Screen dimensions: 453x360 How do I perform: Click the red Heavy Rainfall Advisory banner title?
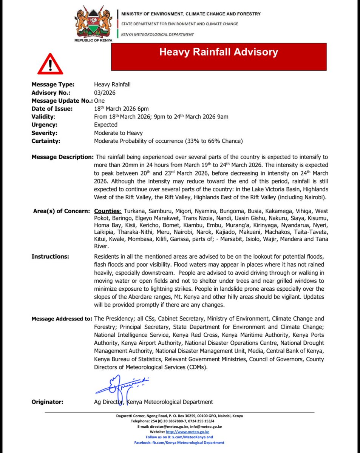(218, 52)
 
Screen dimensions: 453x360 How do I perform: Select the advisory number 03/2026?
(105, 92)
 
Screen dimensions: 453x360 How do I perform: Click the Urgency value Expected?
(106, 125)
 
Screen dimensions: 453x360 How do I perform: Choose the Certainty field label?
(46, 141)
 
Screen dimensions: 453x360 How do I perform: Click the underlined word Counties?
(108, 211)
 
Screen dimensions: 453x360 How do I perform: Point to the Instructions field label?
(49, 257)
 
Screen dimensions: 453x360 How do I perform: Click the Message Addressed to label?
(62, 319)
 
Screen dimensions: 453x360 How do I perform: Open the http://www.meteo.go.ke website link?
(188, 432)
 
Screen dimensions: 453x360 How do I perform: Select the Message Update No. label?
(62, 101)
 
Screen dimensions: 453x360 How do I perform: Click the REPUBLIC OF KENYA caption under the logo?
(93, 40)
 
